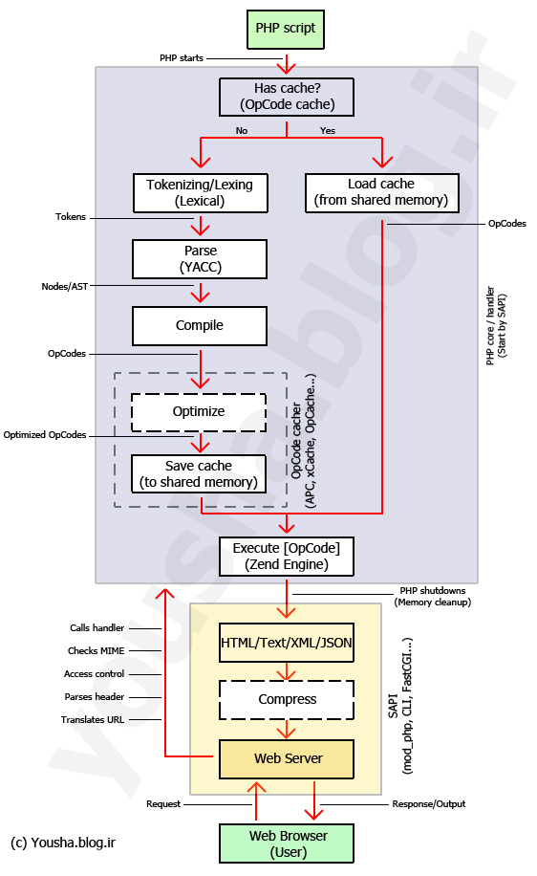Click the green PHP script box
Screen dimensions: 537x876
(x=286, y=29)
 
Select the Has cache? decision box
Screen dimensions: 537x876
(x=287, y=97)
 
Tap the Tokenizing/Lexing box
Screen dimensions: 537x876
(x=201, y=193)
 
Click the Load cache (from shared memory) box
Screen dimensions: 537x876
(x=382, y=193)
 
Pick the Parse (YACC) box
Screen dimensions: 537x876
(x=200, y=258)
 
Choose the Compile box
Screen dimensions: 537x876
(x=200, y=326)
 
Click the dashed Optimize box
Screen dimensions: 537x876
(x=199, y=412)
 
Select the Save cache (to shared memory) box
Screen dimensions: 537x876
(x=199, y=473)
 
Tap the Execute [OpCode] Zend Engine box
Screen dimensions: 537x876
(x=287, y=557)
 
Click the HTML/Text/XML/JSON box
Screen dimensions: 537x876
(x=287, y=643)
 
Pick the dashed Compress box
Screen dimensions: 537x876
(x=287, y=699)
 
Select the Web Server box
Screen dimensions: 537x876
(x=287, y=758)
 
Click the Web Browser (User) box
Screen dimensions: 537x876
(x=287, y=843)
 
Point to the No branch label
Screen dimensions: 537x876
(x=241, y=131)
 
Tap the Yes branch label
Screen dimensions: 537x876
(x=328, y=131)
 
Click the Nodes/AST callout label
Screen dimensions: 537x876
(x=65, y=287)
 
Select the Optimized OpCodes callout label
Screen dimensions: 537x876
(x=45, y=435)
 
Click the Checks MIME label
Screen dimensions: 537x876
(x=96, y=651)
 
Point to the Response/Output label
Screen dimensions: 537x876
(x=429, y=804)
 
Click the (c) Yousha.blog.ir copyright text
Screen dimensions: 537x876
(x=63, y=843)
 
